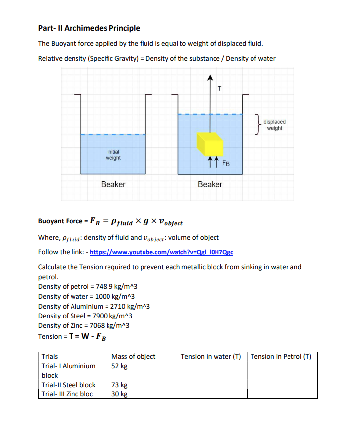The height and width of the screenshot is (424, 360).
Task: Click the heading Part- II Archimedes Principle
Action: pos(89,28)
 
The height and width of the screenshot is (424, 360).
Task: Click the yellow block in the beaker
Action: pos(210,143)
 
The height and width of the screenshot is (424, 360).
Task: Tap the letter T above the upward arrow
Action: pos(219,89)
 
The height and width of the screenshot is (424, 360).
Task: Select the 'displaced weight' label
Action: pos(274,125)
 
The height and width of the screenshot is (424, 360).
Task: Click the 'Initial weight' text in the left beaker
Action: pos(113,155)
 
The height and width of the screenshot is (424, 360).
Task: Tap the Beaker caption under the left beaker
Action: pos(113,184)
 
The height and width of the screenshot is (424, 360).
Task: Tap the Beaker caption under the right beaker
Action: pos(210,184)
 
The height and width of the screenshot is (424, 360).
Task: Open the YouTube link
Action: pos(161,252)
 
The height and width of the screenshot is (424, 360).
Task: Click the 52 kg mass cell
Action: pos(120,366)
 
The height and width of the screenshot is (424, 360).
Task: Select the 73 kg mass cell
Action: pos(120,385)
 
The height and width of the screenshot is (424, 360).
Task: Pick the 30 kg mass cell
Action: pos(120,394)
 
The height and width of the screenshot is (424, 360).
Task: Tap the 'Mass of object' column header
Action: pos(134,356)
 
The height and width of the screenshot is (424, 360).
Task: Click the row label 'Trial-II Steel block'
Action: pos(69,385)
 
